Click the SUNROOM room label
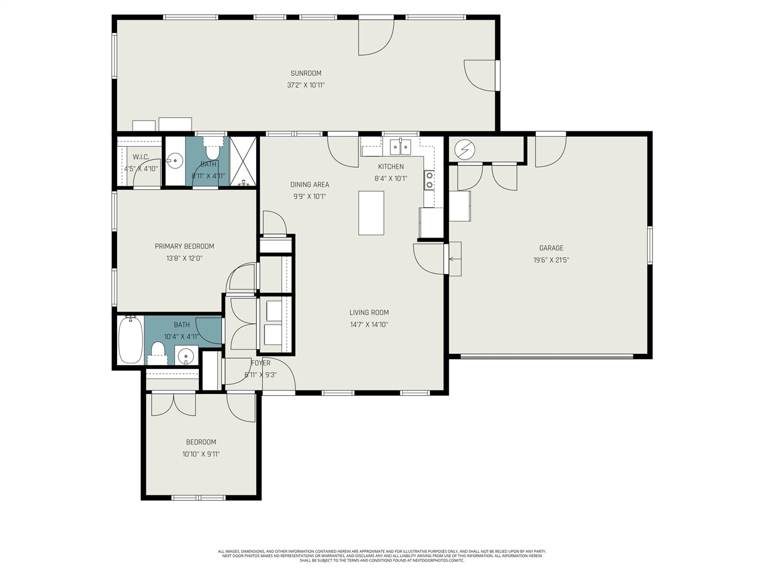point(306,73)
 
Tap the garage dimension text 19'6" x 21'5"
point(551,260)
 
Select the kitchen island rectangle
point(371,213)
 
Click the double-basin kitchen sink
point(400,146)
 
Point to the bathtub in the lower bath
point(130,340)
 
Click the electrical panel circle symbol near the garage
point(464,149)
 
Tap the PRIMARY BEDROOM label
point(184,247)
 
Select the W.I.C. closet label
point(141,157)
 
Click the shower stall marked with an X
point(243,162)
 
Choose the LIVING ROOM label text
point(369,313)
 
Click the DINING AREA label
point(309,185)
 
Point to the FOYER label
point(261,363)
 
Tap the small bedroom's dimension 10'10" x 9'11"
point(201,454)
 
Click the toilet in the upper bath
point(212,150)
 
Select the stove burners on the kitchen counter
point(429,180)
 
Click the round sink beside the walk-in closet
point(175,160)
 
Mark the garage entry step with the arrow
point(454,259)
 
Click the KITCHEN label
point(391,167)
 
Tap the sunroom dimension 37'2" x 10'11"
point(306,85)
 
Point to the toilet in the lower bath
point(158,350)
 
